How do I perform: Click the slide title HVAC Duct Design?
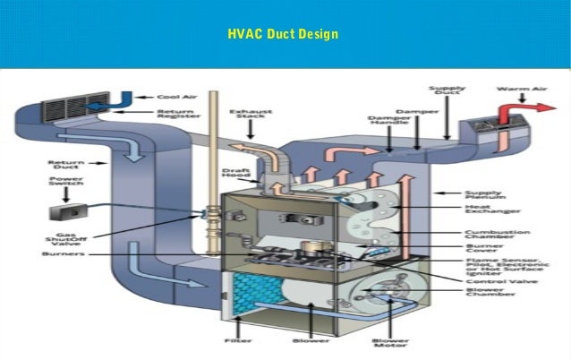pyautogui.click(x=283, y=35)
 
